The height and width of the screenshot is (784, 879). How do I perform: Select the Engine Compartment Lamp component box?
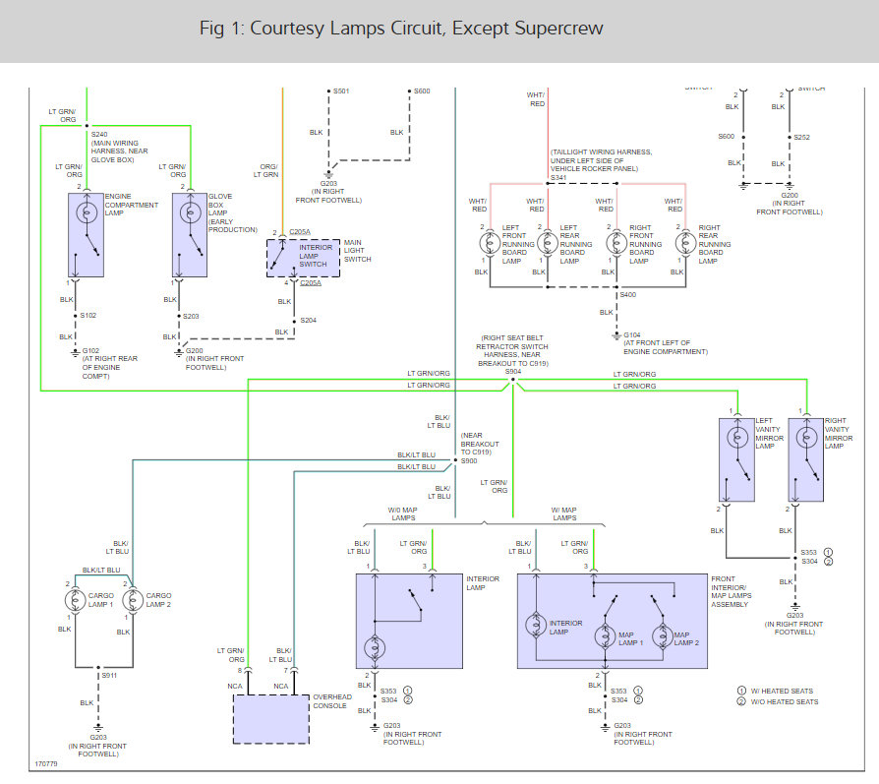click(x=86, y=235)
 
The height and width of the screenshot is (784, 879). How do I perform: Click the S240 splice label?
click(x=99, y=134)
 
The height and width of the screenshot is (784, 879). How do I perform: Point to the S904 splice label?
click(x=513, y=371)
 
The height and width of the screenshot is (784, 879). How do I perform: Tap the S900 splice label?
click(x=469, y=461)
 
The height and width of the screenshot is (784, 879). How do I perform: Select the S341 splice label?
click(x=559, y=177)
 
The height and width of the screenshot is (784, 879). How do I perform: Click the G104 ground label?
click(x=632, y=334)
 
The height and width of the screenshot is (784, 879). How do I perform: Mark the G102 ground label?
click(x=91, y=351)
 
